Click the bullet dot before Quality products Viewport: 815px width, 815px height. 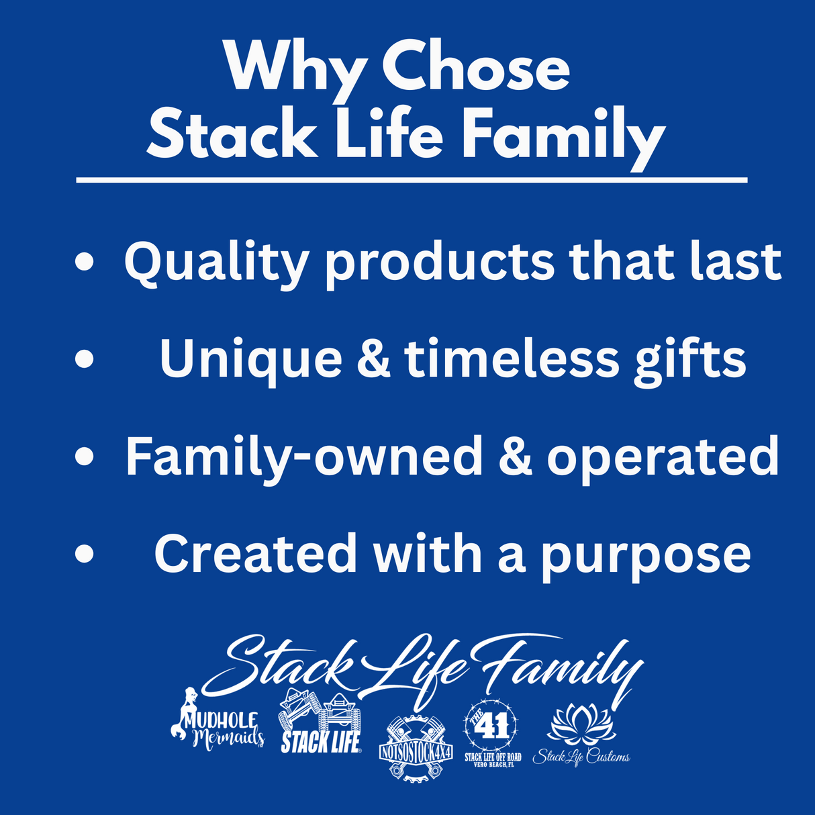(85, 262)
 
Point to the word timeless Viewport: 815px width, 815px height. (512, 359)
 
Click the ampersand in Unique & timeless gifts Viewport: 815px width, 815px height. (373, 359)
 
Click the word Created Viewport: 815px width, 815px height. (255, 555)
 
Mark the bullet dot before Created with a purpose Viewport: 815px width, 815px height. (85, 555)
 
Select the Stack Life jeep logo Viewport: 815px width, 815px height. (320, 722)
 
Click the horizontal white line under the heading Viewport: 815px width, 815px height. (411, 180)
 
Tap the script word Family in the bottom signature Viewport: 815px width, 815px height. (557, 665)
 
